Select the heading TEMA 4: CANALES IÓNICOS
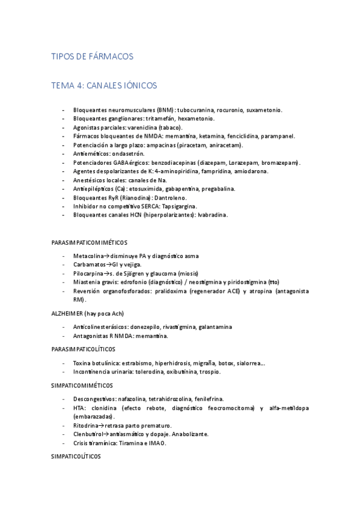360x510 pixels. pyautogui.click(x=104, y=86)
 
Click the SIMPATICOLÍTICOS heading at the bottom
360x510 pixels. pyautogui.click(x=77, y=457)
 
